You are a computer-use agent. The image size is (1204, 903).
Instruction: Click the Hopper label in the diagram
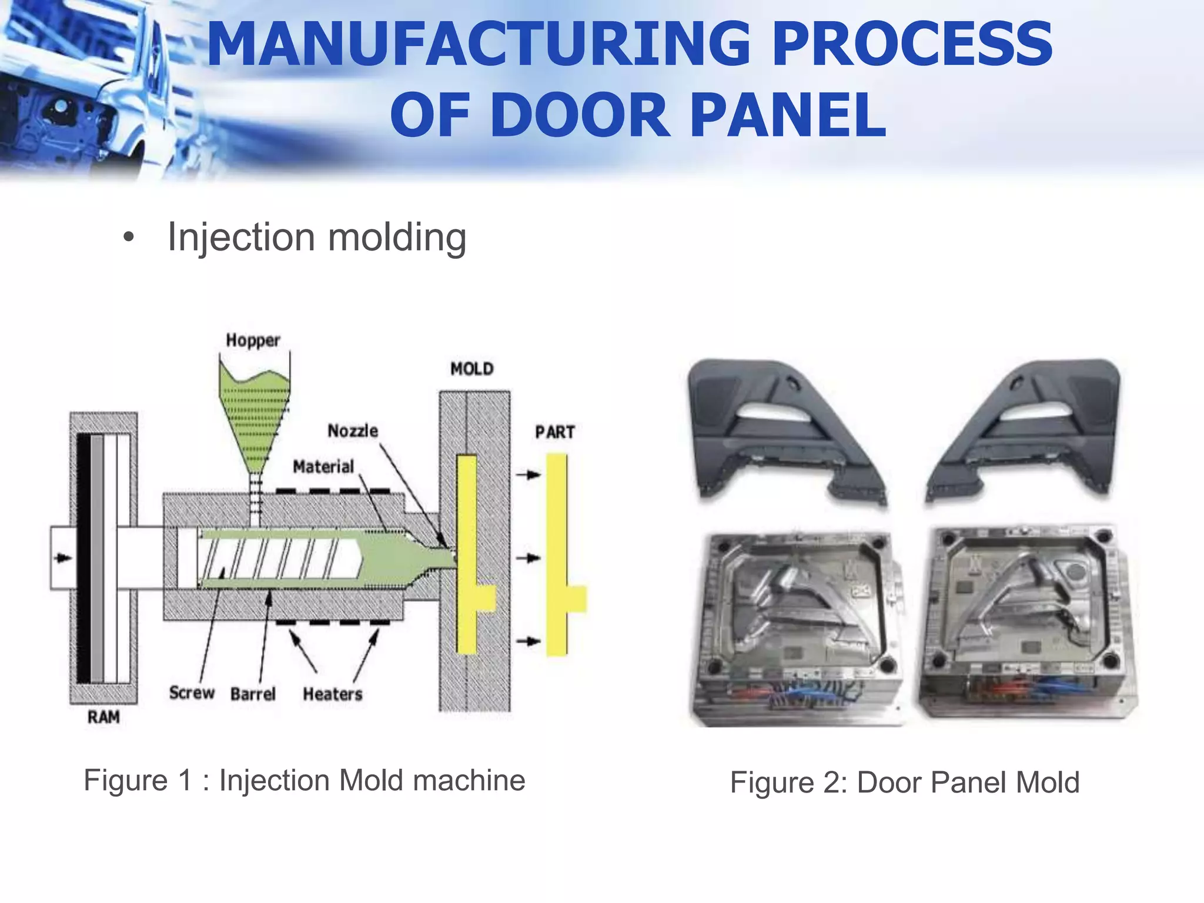pos(253,340)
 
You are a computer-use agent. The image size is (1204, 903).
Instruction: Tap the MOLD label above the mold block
pos(471,369)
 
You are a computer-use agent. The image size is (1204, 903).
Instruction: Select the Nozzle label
pos(352,431)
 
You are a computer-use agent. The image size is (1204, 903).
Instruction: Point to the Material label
pos(323,467)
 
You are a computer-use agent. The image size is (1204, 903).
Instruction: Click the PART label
pos(554,432)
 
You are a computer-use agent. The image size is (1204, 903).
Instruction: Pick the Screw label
pos(192,693)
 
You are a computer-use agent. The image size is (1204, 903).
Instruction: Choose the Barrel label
pos(253,694)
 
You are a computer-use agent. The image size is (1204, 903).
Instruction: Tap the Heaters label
pos(332,694)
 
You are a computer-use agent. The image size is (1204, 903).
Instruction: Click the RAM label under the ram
pos(103,717)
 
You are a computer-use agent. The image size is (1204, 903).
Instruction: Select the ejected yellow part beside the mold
pos(557,553)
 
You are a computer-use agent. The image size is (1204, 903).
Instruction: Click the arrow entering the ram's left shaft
pos(63,557)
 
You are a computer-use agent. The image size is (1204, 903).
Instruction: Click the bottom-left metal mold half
pos(800,623)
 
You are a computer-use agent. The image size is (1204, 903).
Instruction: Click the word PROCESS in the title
pos(911,44)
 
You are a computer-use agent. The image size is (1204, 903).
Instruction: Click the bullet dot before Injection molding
pos(129,238)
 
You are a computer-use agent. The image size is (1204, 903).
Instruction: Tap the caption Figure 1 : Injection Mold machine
pos(304,781)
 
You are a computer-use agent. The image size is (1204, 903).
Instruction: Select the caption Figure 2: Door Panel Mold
pos(904,782)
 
